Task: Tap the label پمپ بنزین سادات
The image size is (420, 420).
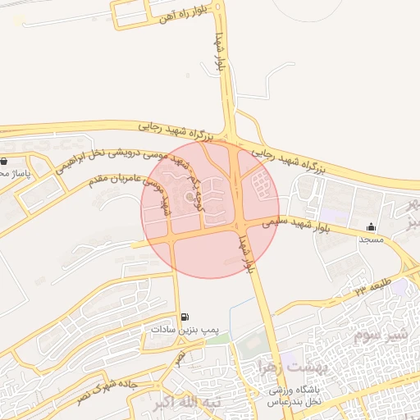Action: (x=186, y=330)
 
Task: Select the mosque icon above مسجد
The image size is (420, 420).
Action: (x=372, y=227)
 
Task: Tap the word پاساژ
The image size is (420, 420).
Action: (x=15, y=174)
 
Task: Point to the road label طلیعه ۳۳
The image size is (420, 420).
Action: (x=373, y=287)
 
